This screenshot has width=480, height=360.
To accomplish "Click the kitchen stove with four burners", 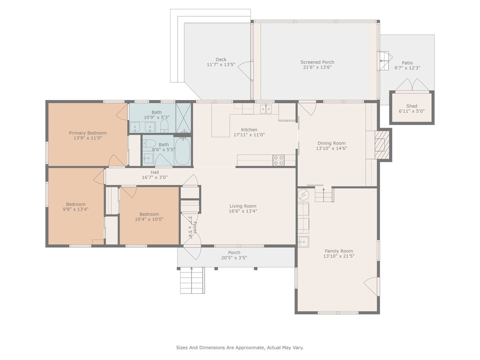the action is click(278, 160).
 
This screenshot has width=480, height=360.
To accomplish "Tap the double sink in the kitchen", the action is click(266, 109).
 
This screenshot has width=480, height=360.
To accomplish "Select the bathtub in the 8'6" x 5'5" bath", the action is click(182, 151).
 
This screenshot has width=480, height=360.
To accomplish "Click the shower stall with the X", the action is click(184, 118).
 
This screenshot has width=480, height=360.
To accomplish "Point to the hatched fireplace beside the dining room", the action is click(382, 145).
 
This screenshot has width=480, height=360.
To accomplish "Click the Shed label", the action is click(412, 106).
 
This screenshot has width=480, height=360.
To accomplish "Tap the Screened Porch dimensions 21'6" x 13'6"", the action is click(317, 67).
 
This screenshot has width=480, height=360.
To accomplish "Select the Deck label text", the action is click(221, 60).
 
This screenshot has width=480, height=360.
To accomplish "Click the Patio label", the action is click(407, 63).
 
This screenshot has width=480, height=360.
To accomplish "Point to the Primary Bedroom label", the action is click(88, 133).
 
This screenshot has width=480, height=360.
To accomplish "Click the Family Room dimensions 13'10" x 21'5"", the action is click(339, 256).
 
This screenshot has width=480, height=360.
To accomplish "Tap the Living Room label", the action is click(243, 206).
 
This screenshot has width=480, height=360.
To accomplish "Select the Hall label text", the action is click(155, 172).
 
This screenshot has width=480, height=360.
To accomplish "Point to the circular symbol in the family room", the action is click(303, 194).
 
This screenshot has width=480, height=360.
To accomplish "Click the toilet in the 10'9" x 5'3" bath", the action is click(164, 126).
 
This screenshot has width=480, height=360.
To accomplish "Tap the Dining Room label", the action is click(332, 143).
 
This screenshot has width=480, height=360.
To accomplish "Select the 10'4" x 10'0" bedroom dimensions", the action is click(149, 219).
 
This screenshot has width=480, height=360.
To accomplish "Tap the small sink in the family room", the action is click(303, 242).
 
